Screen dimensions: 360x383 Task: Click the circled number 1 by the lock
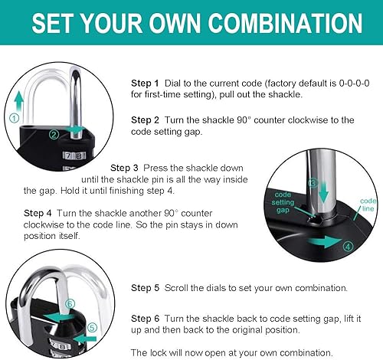click(x=14, y=118)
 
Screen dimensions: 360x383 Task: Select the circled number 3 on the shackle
click(x=313, y=184)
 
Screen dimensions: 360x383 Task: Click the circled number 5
click(x=93, y=328)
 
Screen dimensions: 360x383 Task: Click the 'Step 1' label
click(x=145, y=83)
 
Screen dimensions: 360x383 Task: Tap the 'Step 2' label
click(x=145, y=120)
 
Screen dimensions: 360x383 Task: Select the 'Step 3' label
click(x=124, y=168)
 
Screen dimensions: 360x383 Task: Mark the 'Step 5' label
click(x=145, y=288)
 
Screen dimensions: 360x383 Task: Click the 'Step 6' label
click(x=145, y=318)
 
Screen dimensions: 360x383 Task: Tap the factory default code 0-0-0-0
click(x=347, y=83)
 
